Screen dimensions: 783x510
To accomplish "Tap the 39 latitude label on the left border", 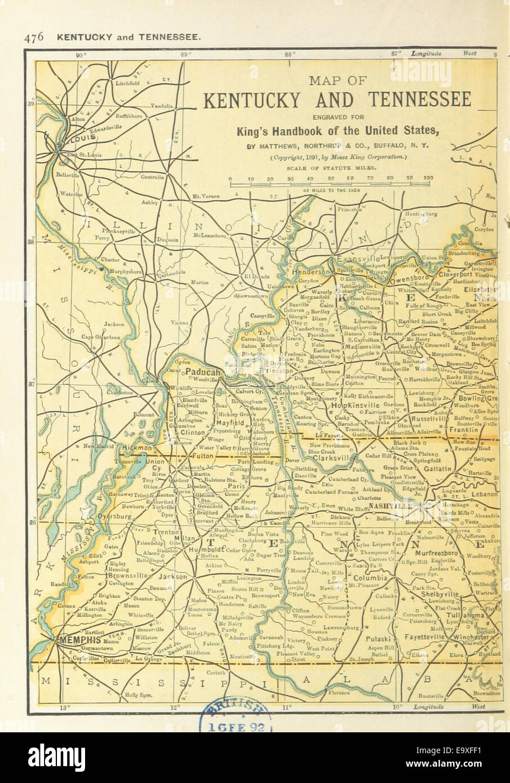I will (x=31, y=104).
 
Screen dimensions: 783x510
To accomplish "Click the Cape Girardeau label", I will (x=104, y=337).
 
